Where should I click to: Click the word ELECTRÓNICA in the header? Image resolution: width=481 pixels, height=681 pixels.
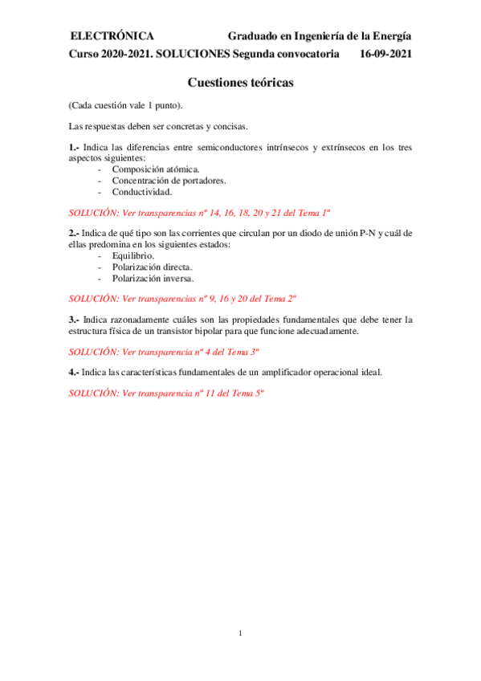point(112,36)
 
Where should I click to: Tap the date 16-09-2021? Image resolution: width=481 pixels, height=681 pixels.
point(386,55)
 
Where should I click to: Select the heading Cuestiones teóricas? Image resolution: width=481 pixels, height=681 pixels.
point(240,83)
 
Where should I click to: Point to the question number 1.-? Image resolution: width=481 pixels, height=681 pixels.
point(74,147)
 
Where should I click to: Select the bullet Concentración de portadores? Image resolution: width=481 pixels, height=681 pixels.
point(169,181)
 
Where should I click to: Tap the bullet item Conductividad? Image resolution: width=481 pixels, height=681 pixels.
point(141,192)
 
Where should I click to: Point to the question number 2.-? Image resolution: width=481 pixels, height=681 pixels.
point(74,233)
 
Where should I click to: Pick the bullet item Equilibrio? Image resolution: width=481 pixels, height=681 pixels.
point(134,255)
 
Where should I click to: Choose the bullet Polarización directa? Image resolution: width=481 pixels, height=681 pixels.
point(152,267)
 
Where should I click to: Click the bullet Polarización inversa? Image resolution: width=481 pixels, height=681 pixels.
point(153,278)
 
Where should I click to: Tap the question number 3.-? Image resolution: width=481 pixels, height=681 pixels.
point(74,320)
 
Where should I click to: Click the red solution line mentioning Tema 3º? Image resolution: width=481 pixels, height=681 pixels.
point(165,352)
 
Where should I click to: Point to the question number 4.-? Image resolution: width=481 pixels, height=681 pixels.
point(74,373)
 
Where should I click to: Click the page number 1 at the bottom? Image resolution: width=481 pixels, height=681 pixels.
point(240,634)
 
